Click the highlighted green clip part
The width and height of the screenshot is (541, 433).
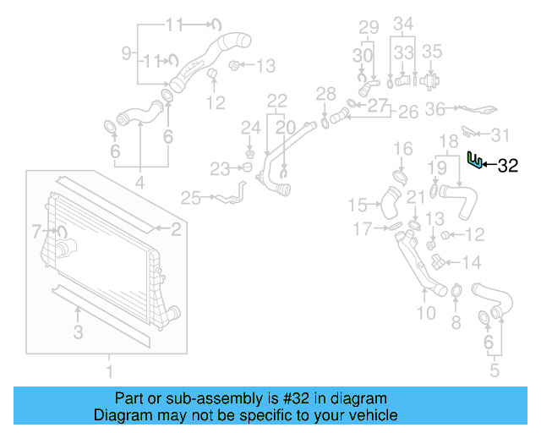[476, 160]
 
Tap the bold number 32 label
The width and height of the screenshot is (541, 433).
[507, 167]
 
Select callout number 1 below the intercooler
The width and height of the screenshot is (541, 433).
[108, 370]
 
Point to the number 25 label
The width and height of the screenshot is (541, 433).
[190, 199]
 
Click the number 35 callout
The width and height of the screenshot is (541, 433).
[432, 51]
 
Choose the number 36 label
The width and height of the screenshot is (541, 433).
[434, 108]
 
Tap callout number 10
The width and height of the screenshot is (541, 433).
[426, 314]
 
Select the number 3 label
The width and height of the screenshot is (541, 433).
[78, 332]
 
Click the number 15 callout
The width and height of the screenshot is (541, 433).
[358, 204]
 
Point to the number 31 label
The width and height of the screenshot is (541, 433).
[501, 135]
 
